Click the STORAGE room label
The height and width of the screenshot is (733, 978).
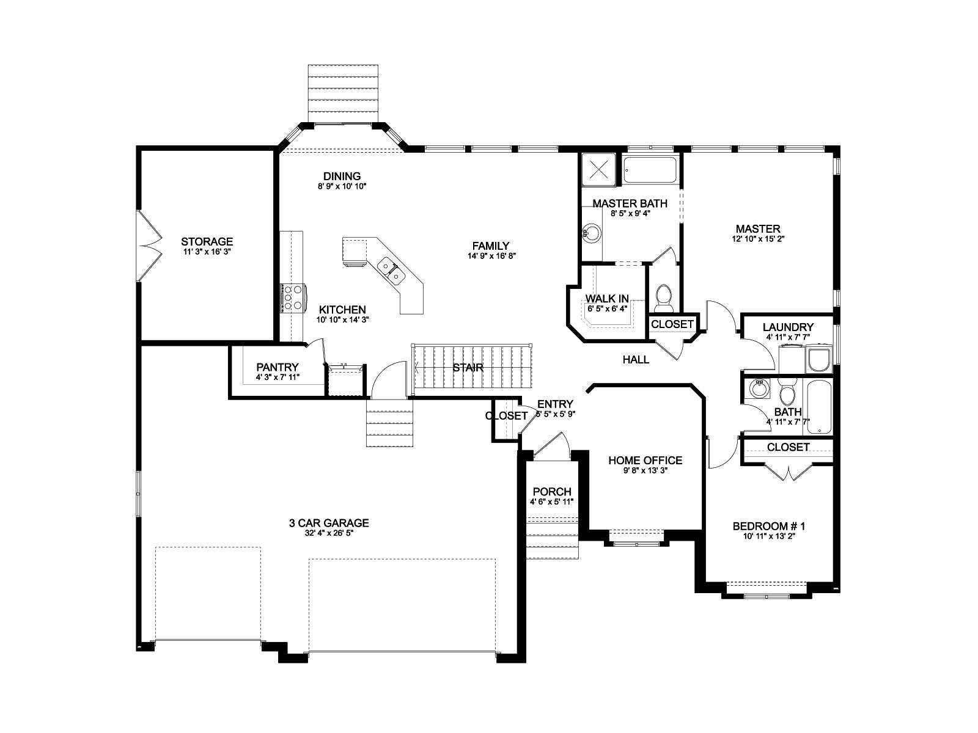(x=207, y=242)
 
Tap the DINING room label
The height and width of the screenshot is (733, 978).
(x=342, y=177)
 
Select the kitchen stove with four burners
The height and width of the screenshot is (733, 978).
(x=293, y=297)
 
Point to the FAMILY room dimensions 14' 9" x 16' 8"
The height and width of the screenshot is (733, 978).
(x=491, y=256)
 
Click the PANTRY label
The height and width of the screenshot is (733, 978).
(x=277, y=367)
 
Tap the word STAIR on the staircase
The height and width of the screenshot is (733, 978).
(x=468, y=368)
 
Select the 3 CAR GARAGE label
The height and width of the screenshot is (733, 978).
(x=329, y=523)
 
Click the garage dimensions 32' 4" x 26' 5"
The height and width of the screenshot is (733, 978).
(x=329, y=533)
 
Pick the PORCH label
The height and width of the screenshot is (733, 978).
(x=552, y=492)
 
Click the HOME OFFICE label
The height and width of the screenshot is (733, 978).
(x=645, y=460)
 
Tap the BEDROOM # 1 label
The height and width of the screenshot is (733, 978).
(x=769, y=527)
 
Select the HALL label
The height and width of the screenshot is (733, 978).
(x=636, y=360)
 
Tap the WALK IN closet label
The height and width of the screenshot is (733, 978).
(x=607, y=298)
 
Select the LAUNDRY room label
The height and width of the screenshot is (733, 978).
(x=788, y=327)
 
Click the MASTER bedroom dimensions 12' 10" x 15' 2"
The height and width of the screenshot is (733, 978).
(x=758, y=239)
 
